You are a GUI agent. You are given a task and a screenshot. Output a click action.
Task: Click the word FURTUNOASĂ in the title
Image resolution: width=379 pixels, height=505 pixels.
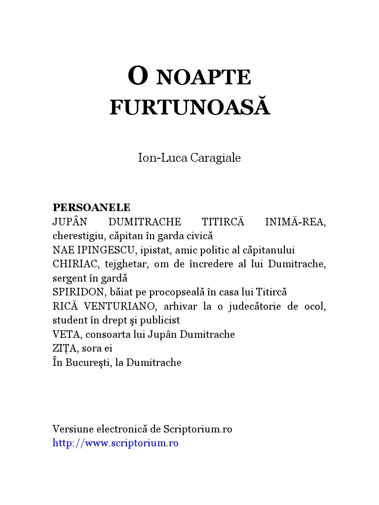pyautogui.click(x=189, y=107)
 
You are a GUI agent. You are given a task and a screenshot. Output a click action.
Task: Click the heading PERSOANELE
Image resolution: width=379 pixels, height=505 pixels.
pyautogui.click(x=91, y=207)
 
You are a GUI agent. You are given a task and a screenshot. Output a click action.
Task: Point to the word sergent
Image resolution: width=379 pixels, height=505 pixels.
pyautogui.click(x=70, y=278)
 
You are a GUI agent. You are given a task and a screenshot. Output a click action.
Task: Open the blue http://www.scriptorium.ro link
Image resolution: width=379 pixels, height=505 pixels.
pyautogui.click(x=115, y=443)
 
